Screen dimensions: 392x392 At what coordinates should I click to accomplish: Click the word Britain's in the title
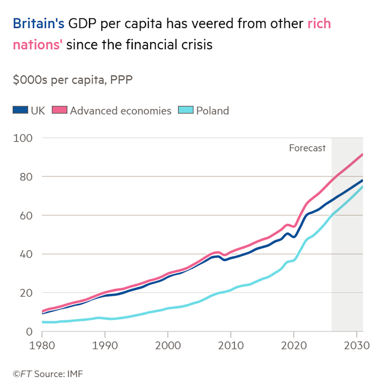pyautogui.click(x=39, y=24)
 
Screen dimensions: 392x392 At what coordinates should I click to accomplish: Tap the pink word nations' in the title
pyautogui.click(x=36, y=45)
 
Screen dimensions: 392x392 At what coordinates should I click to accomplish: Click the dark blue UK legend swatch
pyautogui.click(x=20, y=110)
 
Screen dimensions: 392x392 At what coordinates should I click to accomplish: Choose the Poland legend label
pyautogui.click(x=212, y=110)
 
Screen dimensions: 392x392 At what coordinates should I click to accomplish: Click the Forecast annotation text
pyautogui.click(x=307, y=148)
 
